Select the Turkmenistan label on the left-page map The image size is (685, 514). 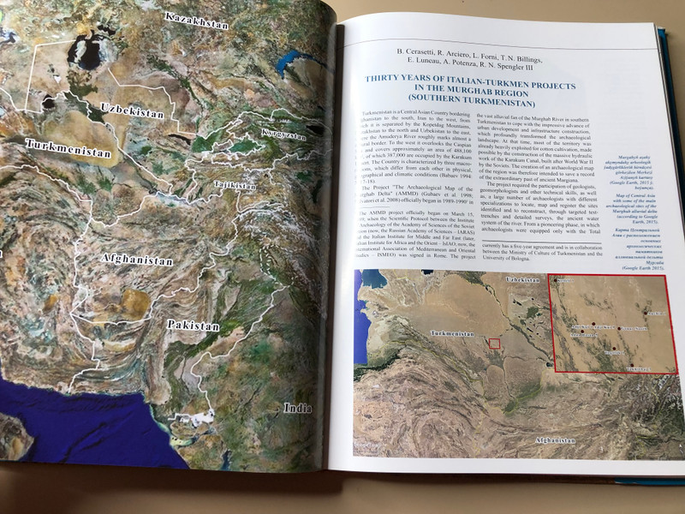pos(68,149)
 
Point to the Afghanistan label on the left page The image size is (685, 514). pos(137,259)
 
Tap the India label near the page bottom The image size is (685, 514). pos(298,408)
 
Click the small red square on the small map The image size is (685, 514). pos(493,344)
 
